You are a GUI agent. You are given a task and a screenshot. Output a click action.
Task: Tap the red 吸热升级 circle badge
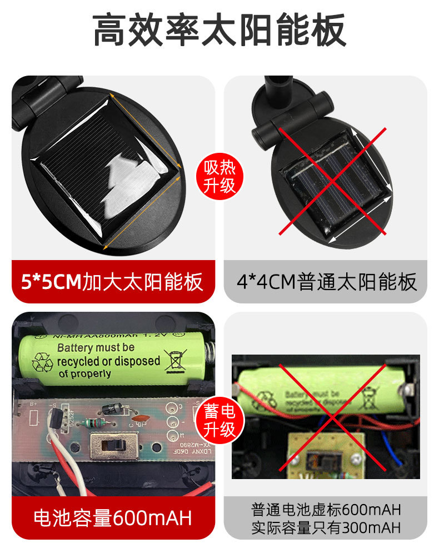(x=219, y=174)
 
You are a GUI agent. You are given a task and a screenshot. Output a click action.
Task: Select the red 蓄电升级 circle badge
(x=219, y=420)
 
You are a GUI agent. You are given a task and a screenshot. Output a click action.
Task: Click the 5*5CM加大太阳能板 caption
(x=112, y=282)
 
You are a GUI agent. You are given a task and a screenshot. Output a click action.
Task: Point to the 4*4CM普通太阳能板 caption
(x=326, y=282)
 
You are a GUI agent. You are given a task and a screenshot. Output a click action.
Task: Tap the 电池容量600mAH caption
(x=112, y=518)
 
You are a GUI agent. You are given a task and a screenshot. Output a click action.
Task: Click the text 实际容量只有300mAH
(x=326, y=527)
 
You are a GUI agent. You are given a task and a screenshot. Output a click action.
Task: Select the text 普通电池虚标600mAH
(x=326, y=510)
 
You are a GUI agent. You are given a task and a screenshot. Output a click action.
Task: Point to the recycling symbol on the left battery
(x=42, y=362)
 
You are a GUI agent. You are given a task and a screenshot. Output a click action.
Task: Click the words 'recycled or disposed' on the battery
(x=108, y=361)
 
